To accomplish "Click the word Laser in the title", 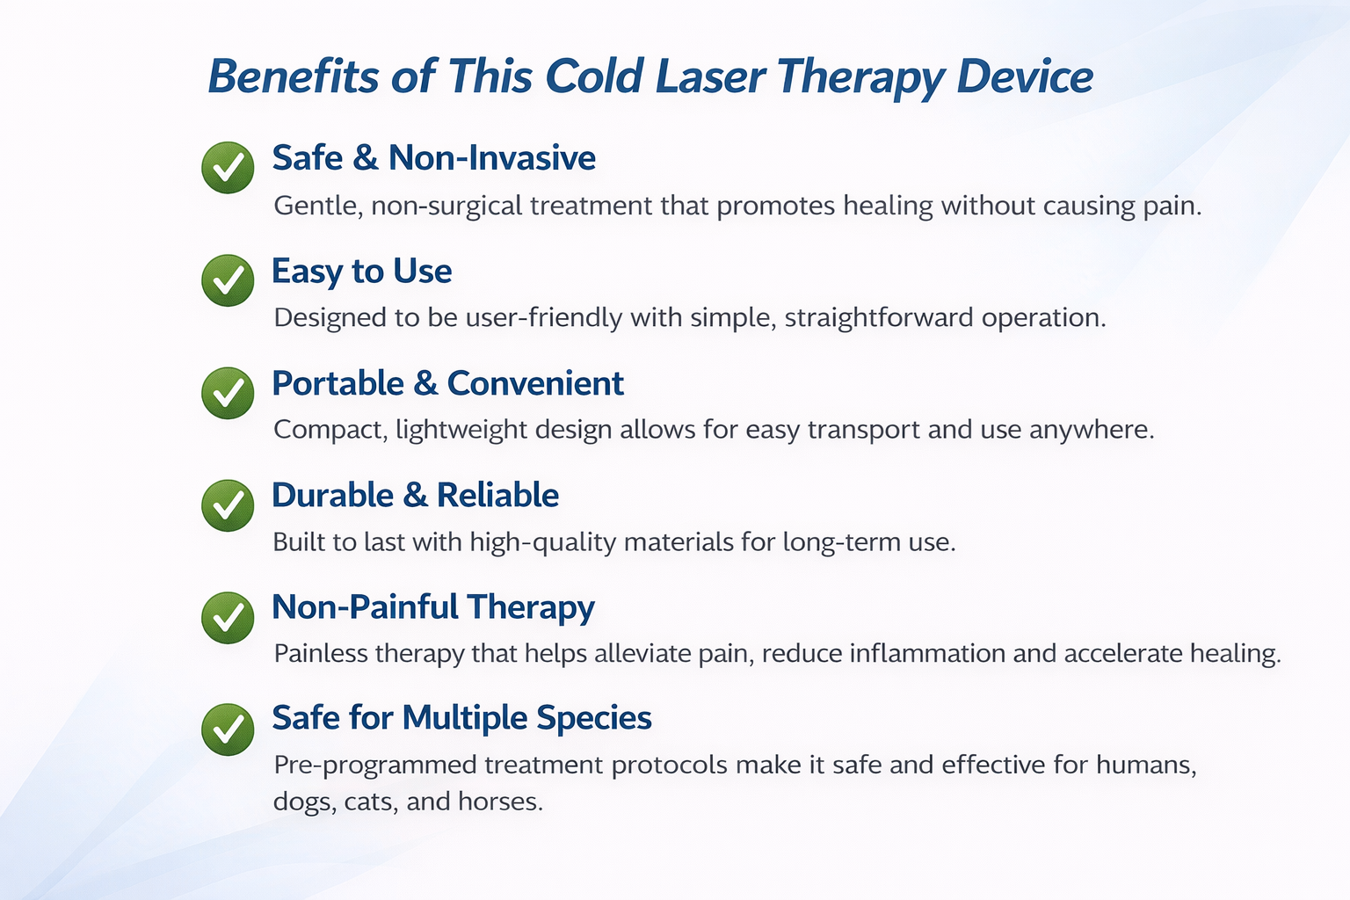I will (710, 76).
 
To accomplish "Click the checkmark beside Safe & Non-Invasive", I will (228, 168).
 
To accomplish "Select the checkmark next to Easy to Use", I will (228, 280).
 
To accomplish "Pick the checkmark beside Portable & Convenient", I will (228, 393).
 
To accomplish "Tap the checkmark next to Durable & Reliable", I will (228, 505).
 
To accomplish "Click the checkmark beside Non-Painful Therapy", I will (228, 617).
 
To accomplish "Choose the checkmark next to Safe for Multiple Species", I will (228, 729).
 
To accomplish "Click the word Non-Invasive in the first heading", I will (492, 158).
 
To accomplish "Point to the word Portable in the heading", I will (337, 384).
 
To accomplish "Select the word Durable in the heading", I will (332, 496).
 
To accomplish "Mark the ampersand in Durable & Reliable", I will (415, 496).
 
